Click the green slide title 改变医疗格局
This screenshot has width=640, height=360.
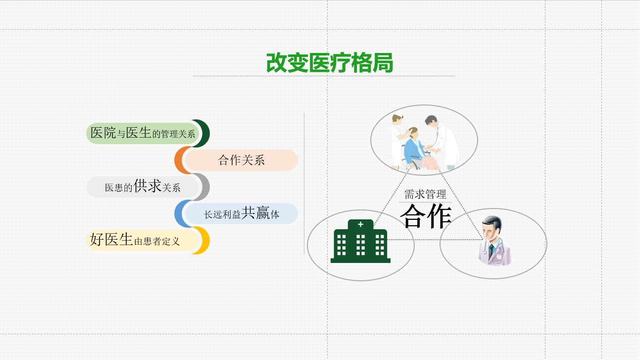(x=330, y=62)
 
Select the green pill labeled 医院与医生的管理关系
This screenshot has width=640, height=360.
(x=143, y=133)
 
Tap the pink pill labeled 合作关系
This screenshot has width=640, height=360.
(x=242, y=160)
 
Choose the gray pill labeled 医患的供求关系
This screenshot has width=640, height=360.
(x=143, y=187)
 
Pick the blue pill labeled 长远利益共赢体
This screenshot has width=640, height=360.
(x=242, y=213)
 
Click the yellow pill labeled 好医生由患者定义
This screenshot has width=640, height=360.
(x=143, y=241)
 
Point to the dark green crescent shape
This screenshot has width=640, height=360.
(x=205, y=133)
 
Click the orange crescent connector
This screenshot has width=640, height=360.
(x=180, y=160)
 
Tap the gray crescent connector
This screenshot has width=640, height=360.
(x=205, y=187)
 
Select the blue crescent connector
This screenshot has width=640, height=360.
(x=180, y=213)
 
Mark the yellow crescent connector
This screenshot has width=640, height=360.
(x=205, y=241)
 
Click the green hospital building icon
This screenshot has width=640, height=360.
(x=360, y=241)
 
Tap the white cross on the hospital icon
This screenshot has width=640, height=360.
(x=360, y=224)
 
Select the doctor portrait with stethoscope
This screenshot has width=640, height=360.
(x=494, y=241)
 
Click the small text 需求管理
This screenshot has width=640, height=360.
(x=425, y=195)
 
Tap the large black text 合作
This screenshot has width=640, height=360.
(x=426, y=216)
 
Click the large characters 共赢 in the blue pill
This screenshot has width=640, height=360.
(x=255, y=213)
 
